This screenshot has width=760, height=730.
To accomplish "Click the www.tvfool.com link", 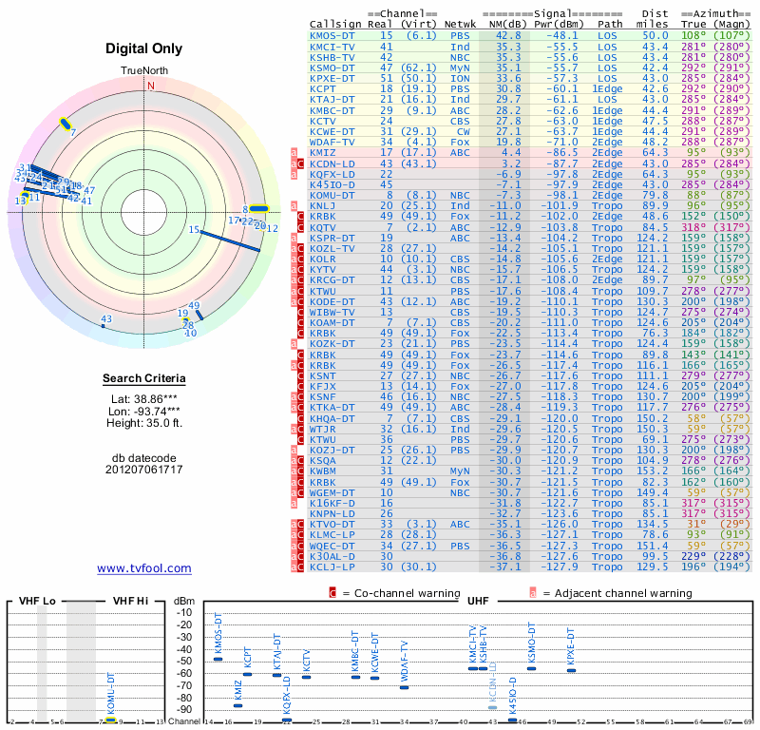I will pyautogui.click(x=144, y=568).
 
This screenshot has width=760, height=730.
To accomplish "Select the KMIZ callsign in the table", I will pyautogui.click(x=324, y=151).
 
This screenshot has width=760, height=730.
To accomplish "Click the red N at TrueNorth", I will pyautogui.click(x=150, y=86).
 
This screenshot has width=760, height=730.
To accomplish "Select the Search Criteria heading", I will pyautogui.click(x=144, y=379).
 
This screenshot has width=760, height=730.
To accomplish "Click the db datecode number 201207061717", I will pyautogui.click(x=144, y=469).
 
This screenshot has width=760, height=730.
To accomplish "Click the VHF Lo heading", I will pyautogui.click(x=37, y=601).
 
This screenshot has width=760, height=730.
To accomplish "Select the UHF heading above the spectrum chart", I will pyautogui.click(x=479, y=601).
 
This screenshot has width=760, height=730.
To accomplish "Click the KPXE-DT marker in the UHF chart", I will pyautogui.click(x=571, y=670).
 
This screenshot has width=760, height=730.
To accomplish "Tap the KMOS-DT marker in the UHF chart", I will pyautogui.click(x=218, y=660).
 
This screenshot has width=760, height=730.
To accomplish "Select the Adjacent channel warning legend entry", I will pyautogui.click(x=613, y=592).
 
